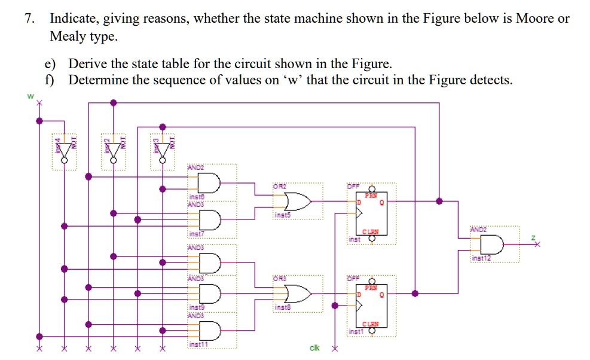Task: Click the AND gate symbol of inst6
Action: (x=212, y=182)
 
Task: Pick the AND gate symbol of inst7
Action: (x=212, y=220)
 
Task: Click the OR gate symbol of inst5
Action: (x=298, y=202)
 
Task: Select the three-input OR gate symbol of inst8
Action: (x=298, y=294)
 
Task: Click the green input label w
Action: (x=27, y=94)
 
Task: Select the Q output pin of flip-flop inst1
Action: (x=380, y=294)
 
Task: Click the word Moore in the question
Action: (x=535, y=19)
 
